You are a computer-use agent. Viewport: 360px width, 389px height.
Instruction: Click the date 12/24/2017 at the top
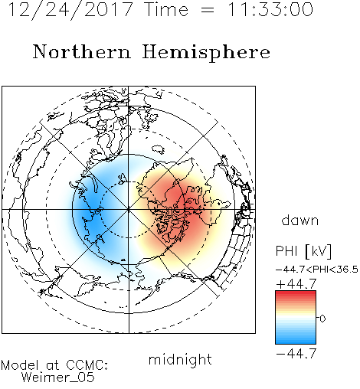pos(70,10)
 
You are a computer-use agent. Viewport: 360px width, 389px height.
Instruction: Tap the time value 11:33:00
pos(270,10)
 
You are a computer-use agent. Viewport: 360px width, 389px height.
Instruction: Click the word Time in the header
pos(166,10)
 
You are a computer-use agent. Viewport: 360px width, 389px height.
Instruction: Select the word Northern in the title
pos(82,51)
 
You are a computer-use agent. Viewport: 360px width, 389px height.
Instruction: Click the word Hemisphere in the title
pos(206,53)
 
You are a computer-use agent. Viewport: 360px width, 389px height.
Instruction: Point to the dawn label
pos(300,220)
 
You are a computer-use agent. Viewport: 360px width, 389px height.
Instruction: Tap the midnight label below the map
pos(180,360)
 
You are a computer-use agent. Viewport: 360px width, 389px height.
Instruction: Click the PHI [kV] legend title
pos(303,251)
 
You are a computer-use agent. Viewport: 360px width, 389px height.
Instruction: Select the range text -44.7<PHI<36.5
pos(317,270)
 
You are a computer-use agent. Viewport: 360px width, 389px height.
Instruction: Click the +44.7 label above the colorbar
pos(296,284)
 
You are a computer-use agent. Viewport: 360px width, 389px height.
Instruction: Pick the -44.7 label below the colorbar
pos(296,353)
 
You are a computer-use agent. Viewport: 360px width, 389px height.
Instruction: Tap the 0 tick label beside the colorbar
pos(322,319)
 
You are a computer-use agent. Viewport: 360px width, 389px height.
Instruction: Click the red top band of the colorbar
pos(296,293)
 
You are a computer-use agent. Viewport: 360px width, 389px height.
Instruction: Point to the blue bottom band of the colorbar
pos(296,341)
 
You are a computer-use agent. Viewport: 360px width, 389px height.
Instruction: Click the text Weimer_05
pos(57,378)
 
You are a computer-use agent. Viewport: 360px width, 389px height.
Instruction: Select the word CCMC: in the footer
pos(87,365)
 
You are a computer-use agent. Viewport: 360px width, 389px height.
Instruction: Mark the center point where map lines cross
pos(129,209)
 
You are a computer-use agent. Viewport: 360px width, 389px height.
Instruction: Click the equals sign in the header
pos(208,11)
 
